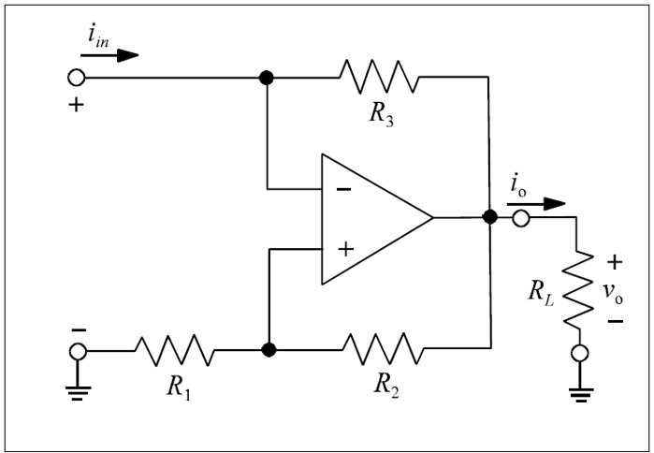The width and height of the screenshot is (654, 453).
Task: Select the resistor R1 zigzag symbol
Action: [x=175, y=350]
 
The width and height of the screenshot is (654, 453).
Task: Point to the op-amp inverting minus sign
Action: [x=343, y=189]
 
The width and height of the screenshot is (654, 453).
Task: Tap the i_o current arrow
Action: [x=544, y=202]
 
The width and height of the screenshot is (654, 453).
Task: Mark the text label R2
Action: [x=383, y=385]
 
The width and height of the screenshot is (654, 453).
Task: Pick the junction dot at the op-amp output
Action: [x=488, y=218]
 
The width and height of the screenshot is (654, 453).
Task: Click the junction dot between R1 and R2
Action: [x=269, y=350]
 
